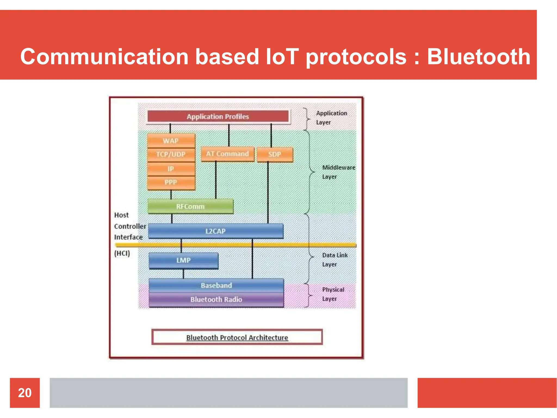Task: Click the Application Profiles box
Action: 218,116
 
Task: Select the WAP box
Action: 171,141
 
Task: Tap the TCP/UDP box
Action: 171,154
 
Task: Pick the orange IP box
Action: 171,169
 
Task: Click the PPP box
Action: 171,182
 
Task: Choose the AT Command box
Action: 227,154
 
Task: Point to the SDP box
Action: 275,154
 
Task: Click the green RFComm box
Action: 190,207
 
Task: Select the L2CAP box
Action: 216,231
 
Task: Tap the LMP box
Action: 183,260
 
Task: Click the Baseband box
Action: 216,285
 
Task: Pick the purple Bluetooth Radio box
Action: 216,300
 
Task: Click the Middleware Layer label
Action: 338,172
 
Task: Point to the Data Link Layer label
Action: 335,260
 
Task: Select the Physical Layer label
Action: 333,294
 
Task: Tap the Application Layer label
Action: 331,118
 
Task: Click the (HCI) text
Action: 122,253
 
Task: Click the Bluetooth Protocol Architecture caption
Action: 237,337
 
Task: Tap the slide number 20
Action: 25,393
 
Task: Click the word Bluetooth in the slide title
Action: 478,57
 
